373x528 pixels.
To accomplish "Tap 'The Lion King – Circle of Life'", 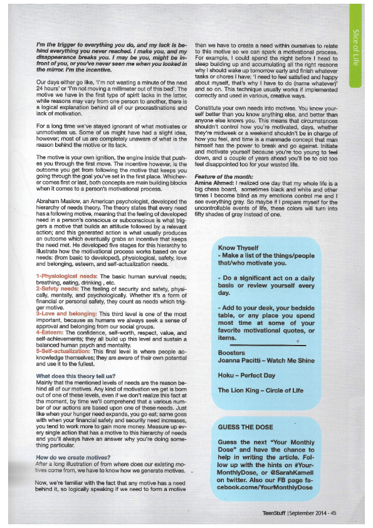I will pyautogui.click(x=260, y=390).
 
